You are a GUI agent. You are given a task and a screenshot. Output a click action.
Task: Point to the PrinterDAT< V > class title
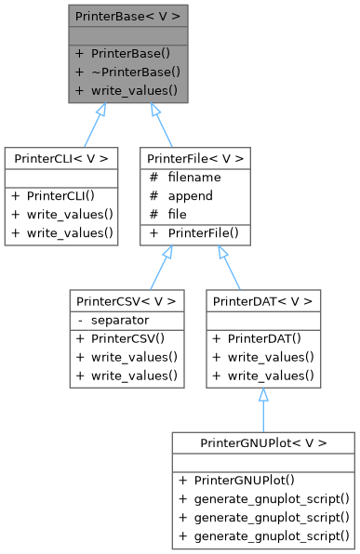pyautogui.click(x=263, y=302)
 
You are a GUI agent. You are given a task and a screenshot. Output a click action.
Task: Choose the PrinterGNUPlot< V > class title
pyautogui.click(x=263, y=442)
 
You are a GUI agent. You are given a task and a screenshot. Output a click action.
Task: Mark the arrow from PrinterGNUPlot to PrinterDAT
pyautogui.click(x=263, y=409)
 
